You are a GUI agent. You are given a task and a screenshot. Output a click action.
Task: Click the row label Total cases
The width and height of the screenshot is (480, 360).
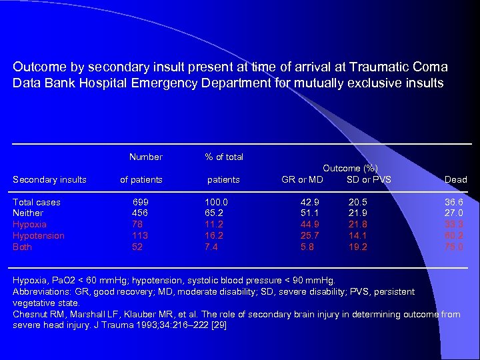click(x=37, y=202)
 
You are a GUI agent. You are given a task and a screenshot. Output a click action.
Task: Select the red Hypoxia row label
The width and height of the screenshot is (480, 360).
click(x=30, y=225)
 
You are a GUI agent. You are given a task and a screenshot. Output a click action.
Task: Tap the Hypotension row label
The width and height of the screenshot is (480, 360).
click(x=39, y=236)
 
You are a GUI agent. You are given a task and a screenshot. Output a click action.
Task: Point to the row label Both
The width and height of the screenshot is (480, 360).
click(x=23, y=247)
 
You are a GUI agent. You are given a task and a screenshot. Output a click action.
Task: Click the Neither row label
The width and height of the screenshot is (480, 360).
click(x=28, y=213)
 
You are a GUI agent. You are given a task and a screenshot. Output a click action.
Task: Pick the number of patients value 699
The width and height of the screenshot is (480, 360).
click(x=141, y=202)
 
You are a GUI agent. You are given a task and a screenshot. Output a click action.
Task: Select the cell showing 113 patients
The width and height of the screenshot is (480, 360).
click(x=140, y=236)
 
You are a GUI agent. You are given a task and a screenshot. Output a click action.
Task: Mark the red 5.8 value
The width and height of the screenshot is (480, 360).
click(x=307, y=247)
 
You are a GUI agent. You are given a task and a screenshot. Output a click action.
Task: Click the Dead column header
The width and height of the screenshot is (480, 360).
click(x=455, y=179)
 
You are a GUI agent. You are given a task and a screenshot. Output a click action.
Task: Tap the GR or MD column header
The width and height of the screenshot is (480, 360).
click(x=302, y=179)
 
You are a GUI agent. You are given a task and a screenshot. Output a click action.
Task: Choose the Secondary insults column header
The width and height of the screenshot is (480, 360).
click(x=50, y=179)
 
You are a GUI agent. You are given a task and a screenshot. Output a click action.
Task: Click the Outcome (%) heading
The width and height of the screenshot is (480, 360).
click(x=351, y=169)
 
